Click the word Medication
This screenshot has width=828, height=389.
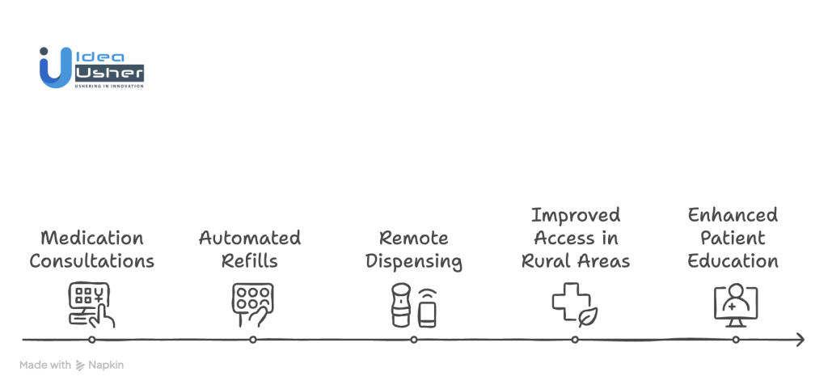92,238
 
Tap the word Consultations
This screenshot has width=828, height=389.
92,260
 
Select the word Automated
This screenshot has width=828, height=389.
250,238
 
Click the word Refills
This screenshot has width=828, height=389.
250,260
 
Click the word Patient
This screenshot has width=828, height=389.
733,238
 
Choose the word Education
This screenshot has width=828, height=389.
733,260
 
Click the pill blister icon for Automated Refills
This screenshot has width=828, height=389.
253,305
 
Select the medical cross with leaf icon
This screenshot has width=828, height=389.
575,305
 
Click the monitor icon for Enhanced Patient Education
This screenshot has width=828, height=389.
736,305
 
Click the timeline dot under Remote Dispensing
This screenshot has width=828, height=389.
414,340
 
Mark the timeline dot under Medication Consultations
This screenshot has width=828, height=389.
92,340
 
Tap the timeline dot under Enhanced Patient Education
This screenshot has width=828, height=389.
736,340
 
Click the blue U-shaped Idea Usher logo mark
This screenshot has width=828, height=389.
56,68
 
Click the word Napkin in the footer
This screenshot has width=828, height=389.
106,366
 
